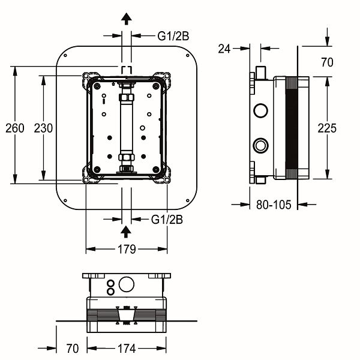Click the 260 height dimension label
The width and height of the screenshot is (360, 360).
click(15, 128)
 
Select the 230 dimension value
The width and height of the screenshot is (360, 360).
click(44, 128)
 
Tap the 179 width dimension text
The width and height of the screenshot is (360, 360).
click(126, 249)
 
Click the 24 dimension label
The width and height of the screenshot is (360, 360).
click(225, 49)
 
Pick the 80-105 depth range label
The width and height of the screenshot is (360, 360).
click(273, 205)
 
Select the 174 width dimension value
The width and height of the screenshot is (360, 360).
click(126, 348)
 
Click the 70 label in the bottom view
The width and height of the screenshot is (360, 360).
click(73, 348)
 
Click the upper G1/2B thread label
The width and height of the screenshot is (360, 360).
click(172, 36)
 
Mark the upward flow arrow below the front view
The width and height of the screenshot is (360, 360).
click(126, 231)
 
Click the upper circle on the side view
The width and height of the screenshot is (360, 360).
click(261, 110)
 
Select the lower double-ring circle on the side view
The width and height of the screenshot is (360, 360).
click(261, 145)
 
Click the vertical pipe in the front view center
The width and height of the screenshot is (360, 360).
click(126, 127)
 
